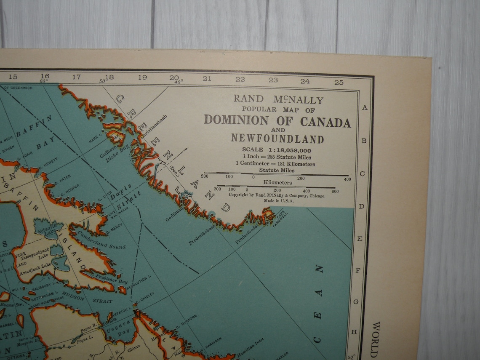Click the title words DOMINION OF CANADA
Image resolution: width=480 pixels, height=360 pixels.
coord(277,121)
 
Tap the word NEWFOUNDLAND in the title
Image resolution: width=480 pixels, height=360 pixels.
coord(277,139)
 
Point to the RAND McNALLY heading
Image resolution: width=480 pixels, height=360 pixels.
coord(279,100)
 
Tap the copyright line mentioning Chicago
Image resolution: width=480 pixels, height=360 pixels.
coord(277,195)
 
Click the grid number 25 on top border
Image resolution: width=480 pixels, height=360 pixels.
coord(339,82)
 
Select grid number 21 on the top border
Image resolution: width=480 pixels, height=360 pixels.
coord(207,78)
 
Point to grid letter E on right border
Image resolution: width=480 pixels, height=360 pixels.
coord(360,239)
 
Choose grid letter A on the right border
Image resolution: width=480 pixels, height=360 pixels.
coord(365,107)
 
